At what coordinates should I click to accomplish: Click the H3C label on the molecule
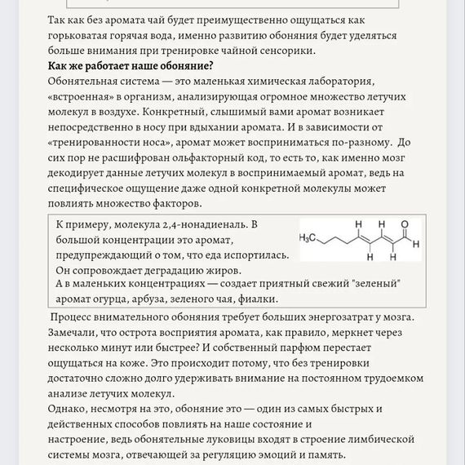click(308, 238)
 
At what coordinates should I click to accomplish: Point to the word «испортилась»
click(257, 255)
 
